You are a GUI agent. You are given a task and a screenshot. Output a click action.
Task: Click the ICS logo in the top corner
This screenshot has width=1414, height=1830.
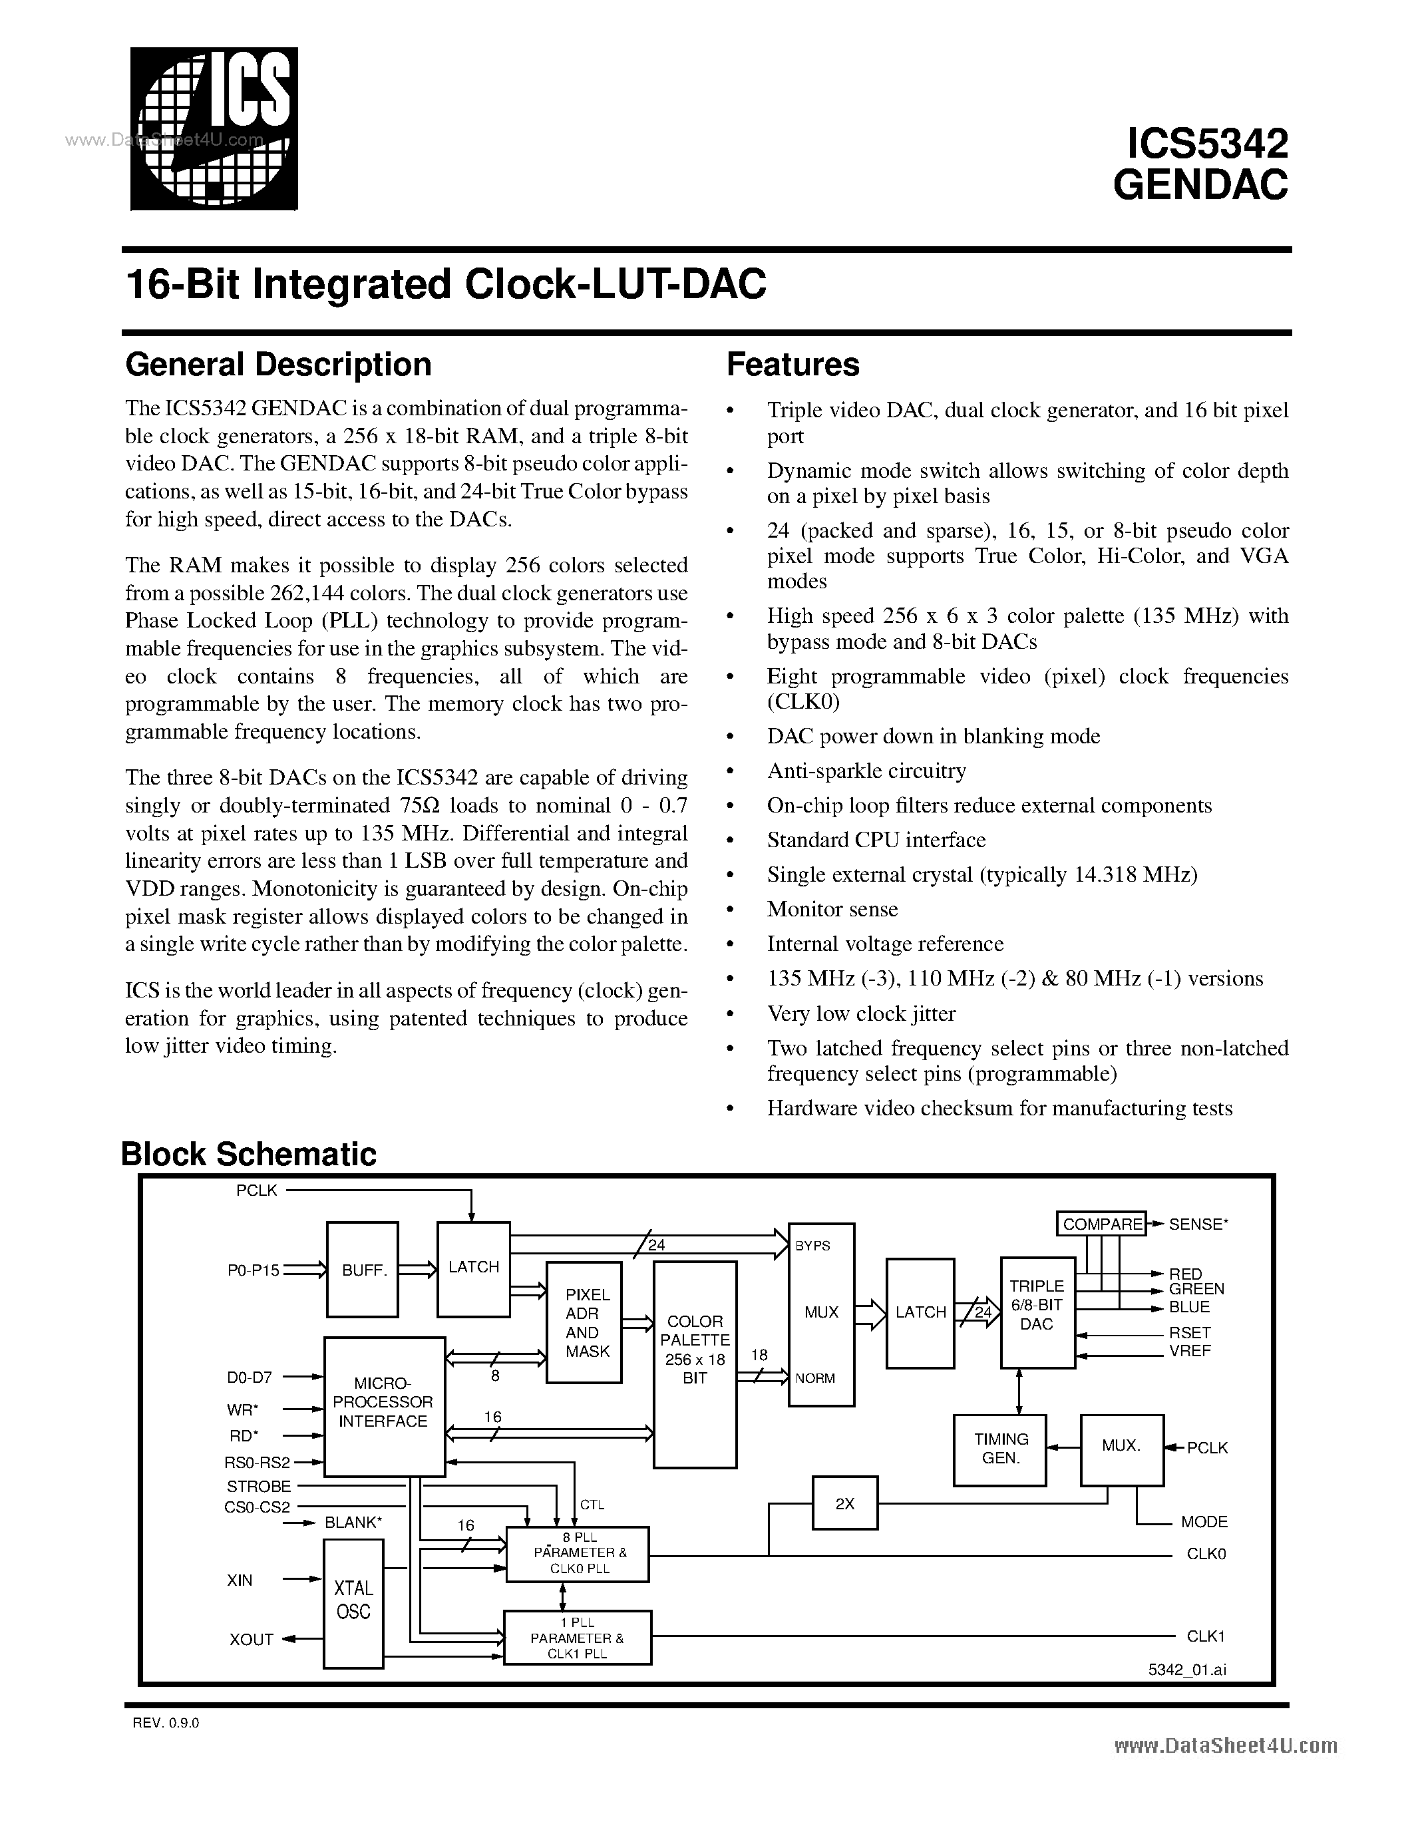(214, 128)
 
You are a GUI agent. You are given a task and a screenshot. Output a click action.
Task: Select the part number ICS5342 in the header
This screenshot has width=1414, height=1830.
(1207, 144)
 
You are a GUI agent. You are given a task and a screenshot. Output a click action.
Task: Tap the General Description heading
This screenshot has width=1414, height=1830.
(278, 365)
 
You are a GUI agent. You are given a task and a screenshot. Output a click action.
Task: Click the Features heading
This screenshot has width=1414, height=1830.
(793, 365)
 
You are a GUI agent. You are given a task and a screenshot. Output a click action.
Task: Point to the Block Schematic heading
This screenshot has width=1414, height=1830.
(249, 1154)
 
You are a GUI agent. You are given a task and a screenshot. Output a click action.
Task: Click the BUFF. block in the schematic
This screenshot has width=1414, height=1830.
(363, 1270)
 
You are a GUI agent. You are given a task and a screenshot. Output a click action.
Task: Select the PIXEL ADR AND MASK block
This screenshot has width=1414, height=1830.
(584, 1322)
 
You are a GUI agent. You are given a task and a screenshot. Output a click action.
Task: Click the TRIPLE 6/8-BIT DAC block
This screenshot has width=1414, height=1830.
(1037, 1312)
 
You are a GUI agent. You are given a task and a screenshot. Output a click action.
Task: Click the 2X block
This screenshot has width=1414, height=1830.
(844, 1503)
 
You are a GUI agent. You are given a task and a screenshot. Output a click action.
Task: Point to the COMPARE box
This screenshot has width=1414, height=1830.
(1101, 1224)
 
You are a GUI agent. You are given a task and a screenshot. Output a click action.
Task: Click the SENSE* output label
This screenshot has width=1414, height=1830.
(1198, 1224)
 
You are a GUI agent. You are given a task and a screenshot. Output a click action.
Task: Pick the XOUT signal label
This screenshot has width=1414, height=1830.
(252, 1640)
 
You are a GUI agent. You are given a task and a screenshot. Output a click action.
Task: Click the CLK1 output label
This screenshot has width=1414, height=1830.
(1206, 1636)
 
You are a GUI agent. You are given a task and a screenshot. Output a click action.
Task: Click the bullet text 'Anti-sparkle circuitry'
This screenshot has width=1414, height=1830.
(866, 771)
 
